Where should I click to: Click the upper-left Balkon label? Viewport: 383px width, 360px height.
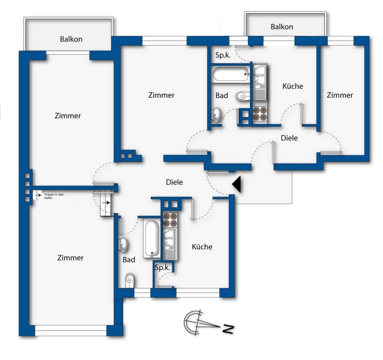(x=71, y=39)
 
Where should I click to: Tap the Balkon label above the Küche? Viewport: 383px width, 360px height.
(x=282, y=27)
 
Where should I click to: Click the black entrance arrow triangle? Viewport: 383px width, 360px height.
(x=237, y=184)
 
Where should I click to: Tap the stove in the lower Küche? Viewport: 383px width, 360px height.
(x=170, y=220)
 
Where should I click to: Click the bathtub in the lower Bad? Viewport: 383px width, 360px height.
(x=152, y=239)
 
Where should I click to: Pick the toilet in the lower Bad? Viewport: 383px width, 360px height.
(x=130, y=281)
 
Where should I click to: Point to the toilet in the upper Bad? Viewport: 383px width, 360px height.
(x=243, y=96)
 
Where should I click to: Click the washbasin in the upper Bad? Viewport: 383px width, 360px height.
(x=217, y=114)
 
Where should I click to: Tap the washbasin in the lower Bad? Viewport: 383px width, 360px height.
(x=123, y=244)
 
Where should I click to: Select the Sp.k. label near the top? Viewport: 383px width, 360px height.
(x=223, y=55)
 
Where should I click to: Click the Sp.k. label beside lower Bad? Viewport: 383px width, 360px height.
(x=162, y=268)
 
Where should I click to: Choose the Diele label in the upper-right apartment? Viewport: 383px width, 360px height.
(x=289, y=138)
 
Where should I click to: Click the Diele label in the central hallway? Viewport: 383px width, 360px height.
(x=174, y=182)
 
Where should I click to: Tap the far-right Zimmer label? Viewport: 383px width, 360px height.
(x=340, y=95)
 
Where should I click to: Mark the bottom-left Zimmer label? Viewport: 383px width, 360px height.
(x=70, y=258)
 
